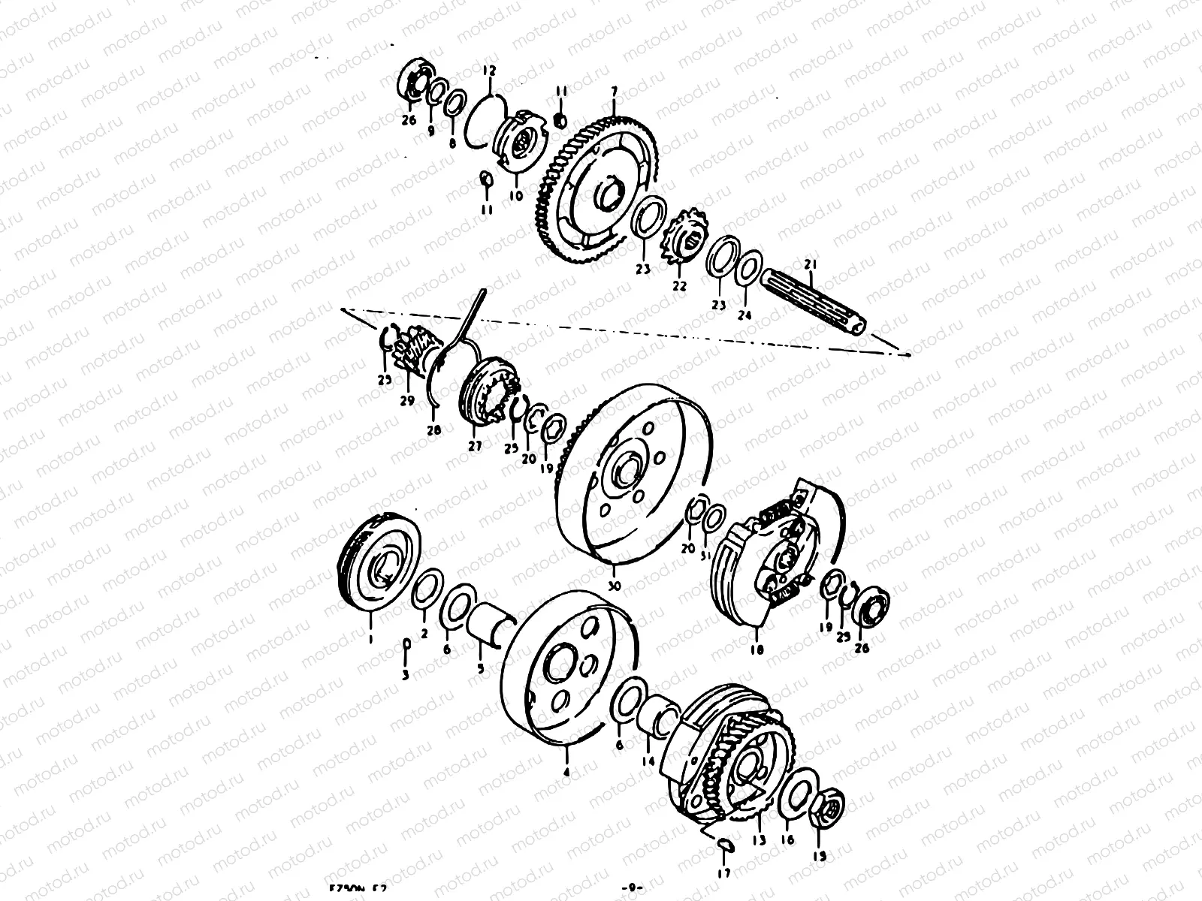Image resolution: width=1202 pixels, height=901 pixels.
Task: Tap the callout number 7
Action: point(614,92)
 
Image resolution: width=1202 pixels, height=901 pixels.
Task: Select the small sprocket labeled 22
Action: point(681,239)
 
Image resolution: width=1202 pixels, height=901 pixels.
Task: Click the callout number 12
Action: point(489,72)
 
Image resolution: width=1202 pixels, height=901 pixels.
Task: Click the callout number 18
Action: point(756,650)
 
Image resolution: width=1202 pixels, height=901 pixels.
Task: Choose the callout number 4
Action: point(566,771)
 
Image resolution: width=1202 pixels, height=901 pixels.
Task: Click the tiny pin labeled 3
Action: point(406,645)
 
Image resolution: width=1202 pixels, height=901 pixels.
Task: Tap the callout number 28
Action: point(434,430)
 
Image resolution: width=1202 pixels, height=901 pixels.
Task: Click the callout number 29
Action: point(406,401)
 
